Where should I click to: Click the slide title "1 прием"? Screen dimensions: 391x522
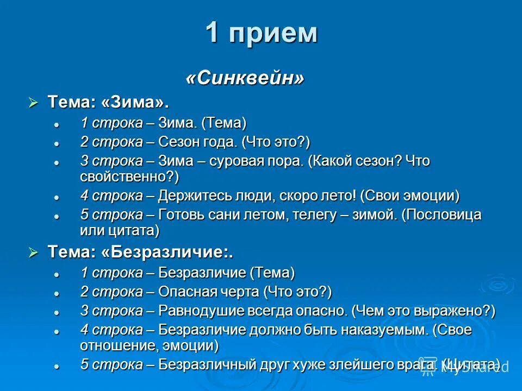261,34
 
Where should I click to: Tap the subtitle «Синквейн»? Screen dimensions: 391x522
245,78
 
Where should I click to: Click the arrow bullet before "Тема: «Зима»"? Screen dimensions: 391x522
34,102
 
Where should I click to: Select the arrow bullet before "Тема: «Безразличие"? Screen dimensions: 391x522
34,252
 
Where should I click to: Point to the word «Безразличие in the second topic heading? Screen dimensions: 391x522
169,252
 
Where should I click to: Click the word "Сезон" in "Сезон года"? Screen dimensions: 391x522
177,142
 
